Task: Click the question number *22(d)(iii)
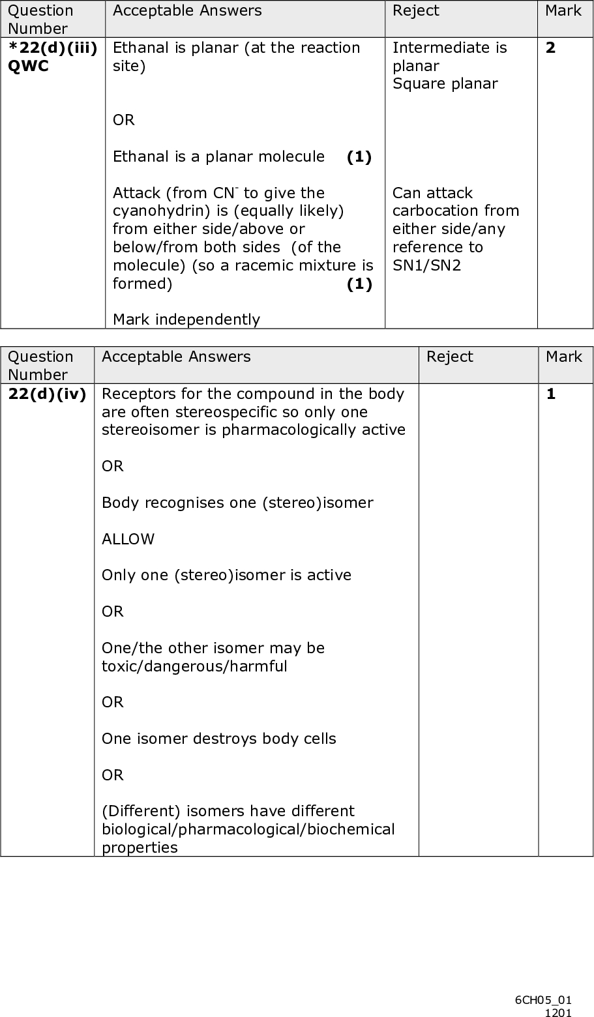pyautogui.click(x=53, y=48)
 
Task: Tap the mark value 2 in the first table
pyautogui.click(x=551, y=48)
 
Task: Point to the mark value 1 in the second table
pyautogui.click(x=551, y=394)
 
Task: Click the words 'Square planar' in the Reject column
pyautogui.click(x=445, y=84)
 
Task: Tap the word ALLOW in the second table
pyautogui.click(x=128, y=539)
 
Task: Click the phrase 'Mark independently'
pyautogui.click(x=186, y=319)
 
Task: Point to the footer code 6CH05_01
pyautogui.click(x=543, y=1000)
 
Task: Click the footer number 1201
pyautogui.click(x=559, y=1012)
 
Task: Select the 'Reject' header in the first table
pyautogui.click(x=415, y=11)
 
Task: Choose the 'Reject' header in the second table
pyautogui.click(x=450, y=357)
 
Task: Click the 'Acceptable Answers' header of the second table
pyautogui.click(x=176, y=357)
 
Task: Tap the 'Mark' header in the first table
pyautogui.click(x=563, y=11)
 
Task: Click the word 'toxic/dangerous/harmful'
pyautogui.click(x=194, y=666)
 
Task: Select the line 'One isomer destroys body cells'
pyautogui.click(x=218, y=739)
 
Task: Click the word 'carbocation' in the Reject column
pyautogui.click(x=456, y=211)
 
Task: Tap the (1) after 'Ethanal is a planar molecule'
pyautogui.click(x=359, y=157)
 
